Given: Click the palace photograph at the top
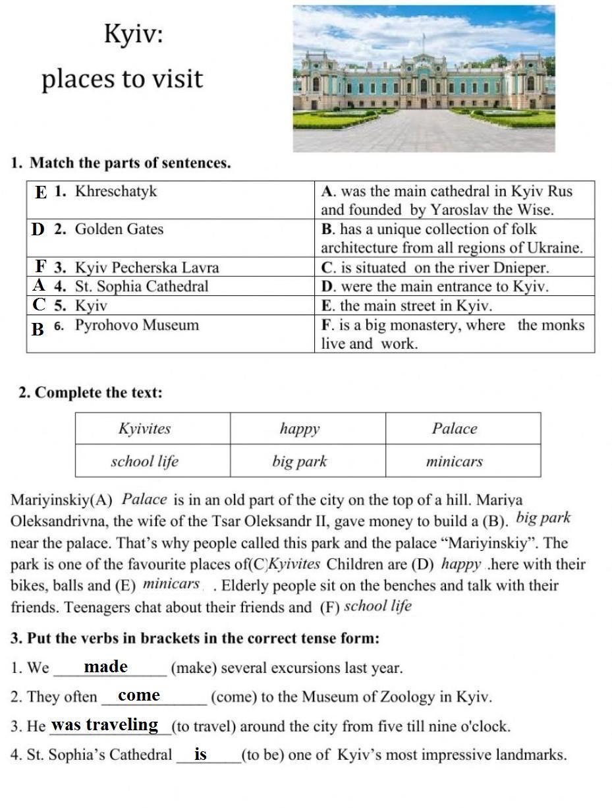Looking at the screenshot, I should tap(424, 79).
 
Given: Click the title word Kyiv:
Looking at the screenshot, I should tap(133, 34).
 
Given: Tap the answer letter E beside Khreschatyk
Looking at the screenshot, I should tap(42, 192).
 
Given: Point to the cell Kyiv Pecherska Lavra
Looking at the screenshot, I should tap(146, 268).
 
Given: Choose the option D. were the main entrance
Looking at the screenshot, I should tap(435, 287).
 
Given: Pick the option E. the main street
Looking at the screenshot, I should tap(406, 306).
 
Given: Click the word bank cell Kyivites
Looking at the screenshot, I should tap(145, 429).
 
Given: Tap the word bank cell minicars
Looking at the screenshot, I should tap(455, 461).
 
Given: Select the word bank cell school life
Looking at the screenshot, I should tap(144, 461).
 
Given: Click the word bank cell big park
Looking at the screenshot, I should tap(300, 461).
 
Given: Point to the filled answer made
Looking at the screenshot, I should tap(105, 667).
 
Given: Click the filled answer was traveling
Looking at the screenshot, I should tap(105, 725).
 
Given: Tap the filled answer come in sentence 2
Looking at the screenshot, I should tap(139, 695).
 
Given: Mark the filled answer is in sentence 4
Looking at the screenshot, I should tap(201, 754).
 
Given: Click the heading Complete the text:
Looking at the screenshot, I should tap(98, 393).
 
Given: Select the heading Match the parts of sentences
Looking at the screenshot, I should tap(130, 163).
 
